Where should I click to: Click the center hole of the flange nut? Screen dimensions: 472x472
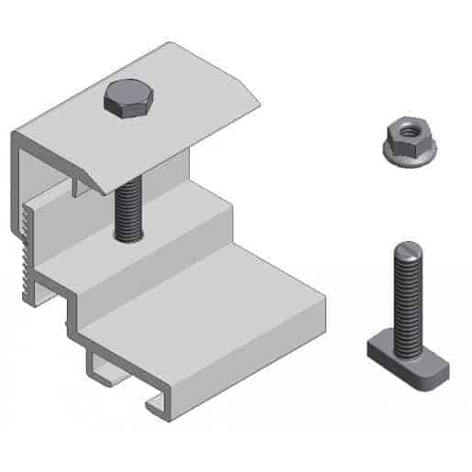[x=403, y=134]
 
